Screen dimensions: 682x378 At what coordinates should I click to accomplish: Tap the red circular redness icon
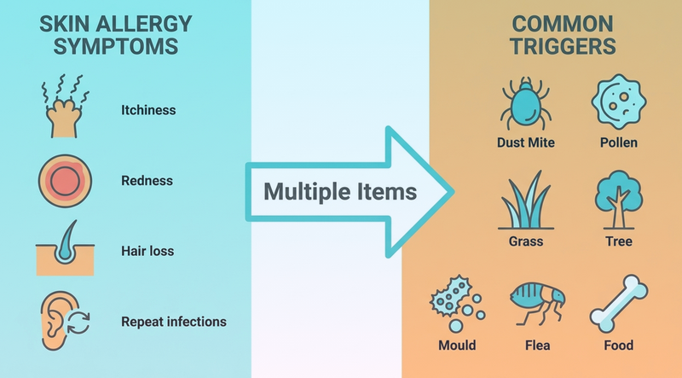(65, 181)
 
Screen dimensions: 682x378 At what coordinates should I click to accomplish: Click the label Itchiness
(148, 110)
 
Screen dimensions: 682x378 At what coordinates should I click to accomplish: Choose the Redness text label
(147, 181)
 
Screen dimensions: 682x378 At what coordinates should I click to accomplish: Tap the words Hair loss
(147, 251)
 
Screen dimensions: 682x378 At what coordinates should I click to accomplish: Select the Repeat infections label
(174, 322)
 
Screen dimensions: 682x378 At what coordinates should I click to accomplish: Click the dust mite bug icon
(526, 104)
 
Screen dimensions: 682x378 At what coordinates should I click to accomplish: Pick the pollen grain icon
(619, 102)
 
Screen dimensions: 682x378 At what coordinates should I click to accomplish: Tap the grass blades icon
(526, 201)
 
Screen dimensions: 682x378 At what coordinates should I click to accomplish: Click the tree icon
(619, 200)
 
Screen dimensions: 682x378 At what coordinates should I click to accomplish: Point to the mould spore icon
(457, 304)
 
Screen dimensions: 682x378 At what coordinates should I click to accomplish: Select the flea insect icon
(538, 304)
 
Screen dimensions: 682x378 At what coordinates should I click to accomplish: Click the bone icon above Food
(619, 304)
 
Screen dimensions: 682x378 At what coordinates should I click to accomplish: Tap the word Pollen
(619, 142)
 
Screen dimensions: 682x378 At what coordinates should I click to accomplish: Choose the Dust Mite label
(526, 142)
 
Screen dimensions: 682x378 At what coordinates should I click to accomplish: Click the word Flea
(538, 346)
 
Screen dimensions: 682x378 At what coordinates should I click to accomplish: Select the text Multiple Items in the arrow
(340, 192)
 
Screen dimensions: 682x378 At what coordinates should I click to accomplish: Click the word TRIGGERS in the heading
(563, 46)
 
